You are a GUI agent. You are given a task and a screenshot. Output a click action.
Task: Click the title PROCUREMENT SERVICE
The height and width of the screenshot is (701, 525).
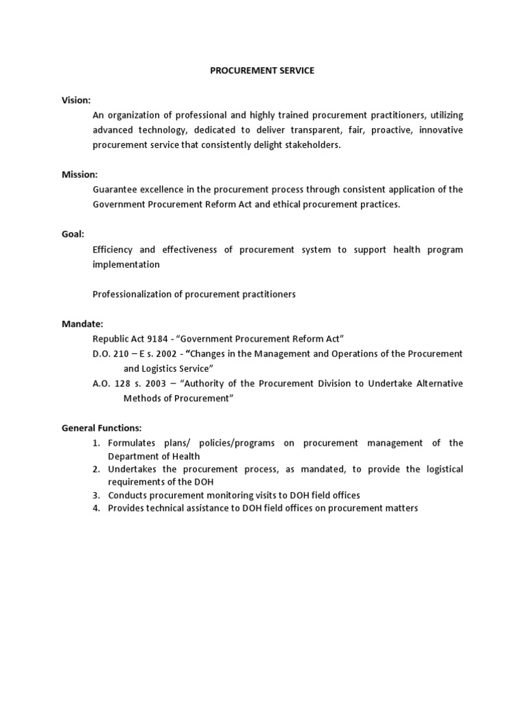point(262,71)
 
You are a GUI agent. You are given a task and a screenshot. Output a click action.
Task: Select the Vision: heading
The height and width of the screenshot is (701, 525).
point(76,100)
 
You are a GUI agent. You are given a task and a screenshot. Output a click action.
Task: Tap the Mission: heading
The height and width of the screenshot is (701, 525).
point(80,175)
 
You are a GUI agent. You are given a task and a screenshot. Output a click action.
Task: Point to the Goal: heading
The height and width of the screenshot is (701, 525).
point(73,234)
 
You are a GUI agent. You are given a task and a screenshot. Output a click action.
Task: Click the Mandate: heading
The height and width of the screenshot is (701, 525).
point(82,324)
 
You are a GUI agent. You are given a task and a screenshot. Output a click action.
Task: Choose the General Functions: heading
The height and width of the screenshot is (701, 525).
point(101,428)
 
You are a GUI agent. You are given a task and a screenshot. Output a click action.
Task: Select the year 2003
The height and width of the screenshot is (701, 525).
point(155,383)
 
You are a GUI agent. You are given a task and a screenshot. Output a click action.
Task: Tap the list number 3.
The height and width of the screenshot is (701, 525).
point(97,495)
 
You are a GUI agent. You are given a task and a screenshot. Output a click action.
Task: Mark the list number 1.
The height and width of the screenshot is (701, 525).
point(97,443)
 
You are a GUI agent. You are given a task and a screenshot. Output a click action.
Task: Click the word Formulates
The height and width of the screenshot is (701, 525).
point(132,443)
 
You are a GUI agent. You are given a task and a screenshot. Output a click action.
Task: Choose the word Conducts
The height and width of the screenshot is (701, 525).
point(127,495)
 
